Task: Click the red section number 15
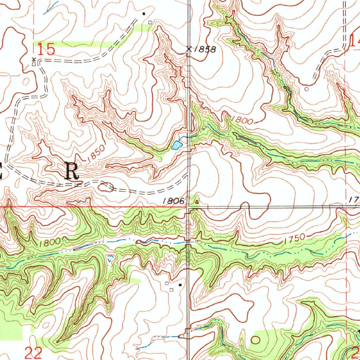click(46, 49)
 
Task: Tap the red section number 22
click(34, 352)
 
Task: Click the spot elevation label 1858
click(205, 49)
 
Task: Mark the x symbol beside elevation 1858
click(189, 49)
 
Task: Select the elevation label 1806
click(174, 201)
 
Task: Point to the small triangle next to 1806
click(197, 202)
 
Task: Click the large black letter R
click(72, 172)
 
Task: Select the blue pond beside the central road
click(177, 144)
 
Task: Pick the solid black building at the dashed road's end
click(143, 14)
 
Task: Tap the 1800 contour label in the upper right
click(243, 120)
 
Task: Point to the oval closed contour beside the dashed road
click(106, 187)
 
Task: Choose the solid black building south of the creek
click(181, 284)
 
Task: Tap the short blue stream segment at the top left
click(51, 8)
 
